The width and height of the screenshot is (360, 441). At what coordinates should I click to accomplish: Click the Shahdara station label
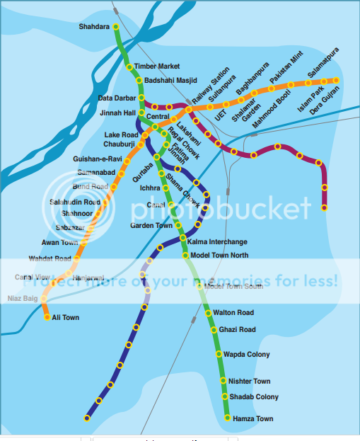click(x=95, y=27)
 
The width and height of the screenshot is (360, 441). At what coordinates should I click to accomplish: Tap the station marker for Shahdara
click(x=116, y=27)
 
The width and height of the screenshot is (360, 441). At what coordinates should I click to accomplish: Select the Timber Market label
click(x=157, y=67)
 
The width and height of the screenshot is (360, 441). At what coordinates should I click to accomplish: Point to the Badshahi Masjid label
click(x=170, y=80)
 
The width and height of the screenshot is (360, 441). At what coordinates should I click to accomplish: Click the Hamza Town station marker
click(x=227, y=418)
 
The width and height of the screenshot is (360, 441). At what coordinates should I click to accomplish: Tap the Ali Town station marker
click(x=47, y=317)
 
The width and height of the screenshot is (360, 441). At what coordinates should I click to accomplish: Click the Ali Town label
click(x=66, y=318)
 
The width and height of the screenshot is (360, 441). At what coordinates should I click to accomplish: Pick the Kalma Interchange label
click(x=217, y=241)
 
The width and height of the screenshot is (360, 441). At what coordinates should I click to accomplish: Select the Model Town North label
click(x=220, y=256)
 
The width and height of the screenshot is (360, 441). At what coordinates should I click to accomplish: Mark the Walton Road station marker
click(x=208, y=313)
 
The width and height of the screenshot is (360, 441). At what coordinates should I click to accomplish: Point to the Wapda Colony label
click(x=247, y=355)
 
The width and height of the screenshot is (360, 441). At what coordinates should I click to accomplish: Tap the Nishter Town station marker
click(x=222, y=382)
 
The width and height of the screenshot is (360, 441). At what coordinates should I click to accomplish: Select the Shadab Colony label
click(x=254, y=397)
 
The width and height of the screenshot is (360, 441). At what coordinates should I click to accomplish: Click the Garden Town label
click(x=151, y=226)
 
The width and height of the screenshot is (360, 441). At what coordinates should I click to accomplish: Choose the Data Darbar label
click(x=117, y=98)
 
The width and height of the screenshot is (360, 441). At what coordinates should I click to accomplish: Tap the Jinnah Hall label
click(x=117, y=113)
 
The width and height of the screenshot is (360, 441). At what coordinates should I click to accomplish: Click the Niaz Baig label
click(x=23, y=299)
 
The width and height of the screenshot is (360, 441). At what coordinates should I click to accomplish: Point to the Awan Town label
click(x=60, y=243)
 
